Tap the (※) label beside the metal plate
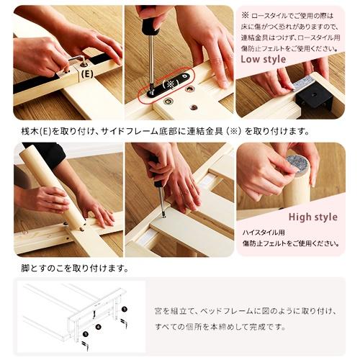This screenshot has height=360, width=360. (171, 84)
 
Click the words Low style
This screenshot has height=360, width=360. (264, 59)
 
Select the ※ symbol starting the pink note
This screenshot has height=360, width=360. (246, 14)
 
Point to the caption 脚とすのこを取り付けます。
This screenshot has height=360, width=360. (74, 269)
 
